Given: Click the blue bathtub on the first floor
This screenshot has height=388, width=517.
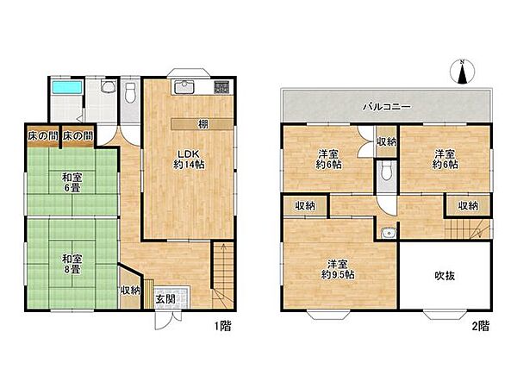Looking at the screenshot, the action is pyautogui.click(x=66, y=87).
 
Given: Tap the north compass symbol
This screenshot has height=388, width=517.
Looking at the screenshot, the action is pyautogui.click(x=462, y=72).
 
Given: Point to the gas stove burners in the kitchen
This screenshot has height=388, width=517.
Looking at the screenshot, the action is pyautogui.click(x=221, y=87).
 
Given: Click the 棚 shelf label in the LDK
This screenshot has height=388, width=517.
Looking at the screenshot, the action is pyautogui.click(x=203, y=124).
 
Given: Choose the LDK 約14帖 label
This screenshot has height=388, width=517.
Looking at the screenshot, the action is pyautogui.click(x=189, y=160).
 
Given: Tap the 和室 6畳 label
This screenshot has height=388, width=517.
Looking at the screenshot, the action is pyautogui.click(x=72, y=183).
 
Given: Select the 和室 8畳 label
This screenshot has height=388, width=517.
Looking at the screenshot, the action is pyautogui.click(x=72, y=264).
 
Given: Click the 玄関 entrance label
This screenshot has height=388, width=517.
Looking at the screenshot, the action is pyautogui.click(x=165, y=299).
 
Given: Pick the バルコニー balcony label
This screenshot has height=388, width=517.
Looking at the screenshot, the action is pyautogui.click(x=386, y=107).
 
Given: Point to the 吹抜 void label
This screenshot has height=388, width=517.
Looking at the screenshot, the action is pyautogui.click(x=445, y=276).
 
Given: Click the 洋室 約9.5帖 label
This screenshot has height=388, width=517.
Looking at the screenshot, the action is pyautogui.click(x=338, y=269).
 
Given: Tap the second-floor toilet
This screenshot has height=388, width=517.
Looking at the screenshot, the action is pyautogui.click(x=386, y=171).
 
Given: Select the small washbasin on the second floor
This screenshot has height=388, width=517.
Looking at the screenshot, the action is pyautogui.click(x=388, y=234).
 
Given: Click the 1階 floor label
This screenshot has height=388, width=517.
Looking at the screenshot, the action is pyautogui.click(x=223, y=326).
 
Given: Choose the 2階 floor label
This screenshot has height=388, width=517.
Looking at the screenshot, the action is pyautogui.click(x=481, y=326).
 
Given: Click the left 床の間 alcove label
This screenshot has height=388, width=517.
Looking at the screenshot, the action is pyautogui.click(x=43, y=136).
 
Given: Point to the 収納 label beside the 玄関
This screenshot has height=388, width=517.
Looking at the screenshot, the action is pyautogui.click(x=131, y=291).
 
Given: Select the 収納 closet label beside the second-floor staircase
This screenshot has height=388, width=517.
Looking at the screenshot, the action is pyautogui.click(x=468, y=206).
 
